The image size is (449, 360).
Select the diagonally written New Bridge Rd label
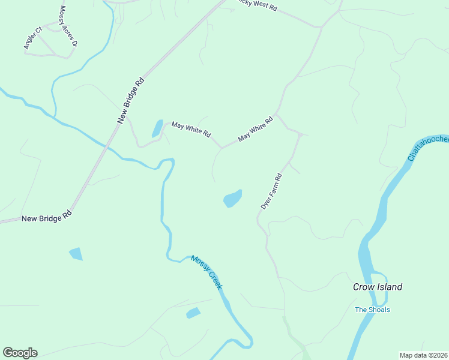[x=131, y=100]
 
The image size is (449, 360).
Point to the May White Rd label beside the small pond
[x=191, y=129]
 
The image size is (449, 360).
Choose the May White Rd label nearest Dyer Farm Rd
[x=255, y=129]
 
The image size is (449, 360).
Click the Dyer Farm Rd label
[x=271, y=191]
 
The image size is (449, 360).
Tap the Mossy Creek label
[x=206, y=272]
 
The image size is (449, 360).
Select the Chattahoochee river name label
[x=428, y=148]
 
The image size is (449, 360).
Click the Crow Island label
[x=377, y=287]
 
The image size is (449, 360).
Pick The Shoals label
[x=372, y=310]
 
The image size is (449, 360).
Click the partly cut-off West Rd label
[x=256, y=7]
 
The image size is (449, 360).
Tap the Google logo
[x=20, y=353]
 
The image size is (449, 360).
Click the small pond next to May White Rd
[x=157, y=128]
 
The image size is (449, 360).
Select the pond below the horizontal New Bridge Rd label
[x=76, y=254]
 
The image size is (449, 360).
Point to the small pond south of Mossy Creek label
[x=193, y=313]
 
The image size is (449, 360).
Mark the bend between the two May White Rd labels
[x=221, y=147]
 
